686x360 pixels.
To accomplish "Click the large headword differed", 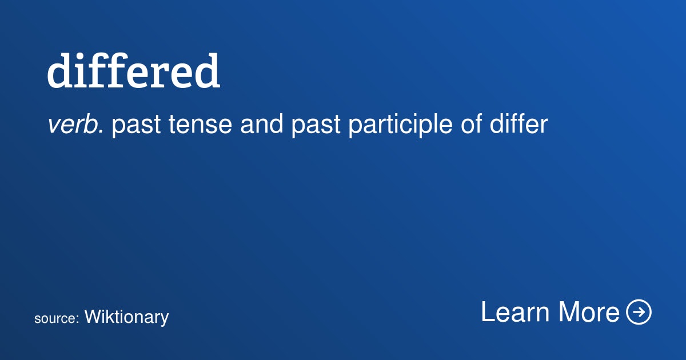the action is tap(134, 71).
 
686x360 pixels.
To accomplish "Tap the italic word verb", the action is tap(75, 125).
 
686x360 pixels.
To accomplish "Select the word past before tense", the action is tap(136, 126).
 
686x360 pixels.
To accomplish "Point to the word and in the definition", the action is tap(262, 125).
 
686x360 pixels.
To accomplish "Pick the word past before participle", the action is tap(316, 126).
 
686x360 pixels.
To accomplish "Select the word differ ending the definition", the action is tap(519, 125).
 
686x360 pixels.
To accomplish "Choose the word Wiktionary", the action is tap(126, 317).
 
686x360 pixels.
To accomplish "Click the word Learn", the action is tap(515, 312).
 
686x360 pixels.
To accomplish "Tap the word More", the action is tap(589, 312).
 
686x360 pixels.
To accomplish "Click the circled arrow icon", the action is tap(639, 311).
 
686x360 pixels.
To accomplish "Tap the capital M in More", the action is tap(569, 311).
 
